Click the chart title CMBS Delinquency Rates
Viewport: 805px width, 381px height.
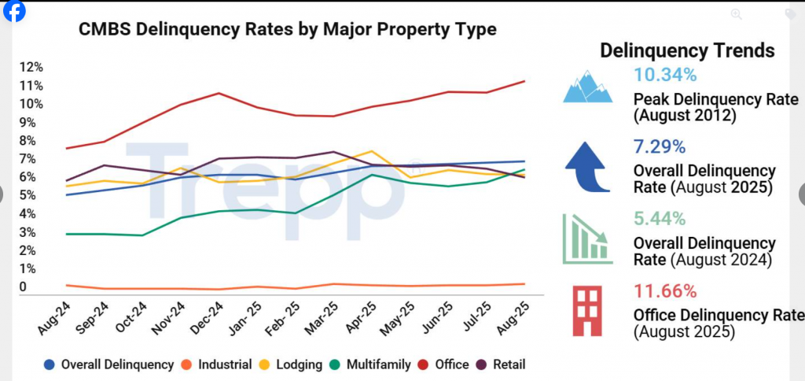point(287,30)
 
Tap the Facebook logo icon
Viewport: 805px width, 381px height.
point(14,11)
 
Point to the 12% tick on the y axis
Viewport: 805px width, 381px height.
point(32,66)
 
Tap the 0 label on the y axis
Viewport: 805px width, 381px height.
point(23,287)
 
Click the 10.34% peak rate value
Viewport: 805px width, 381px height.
point(665,76)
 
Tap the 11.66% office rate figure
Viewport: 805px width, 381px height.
point(665,291)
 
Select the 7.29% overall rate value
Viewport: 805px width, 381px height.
point(660,146)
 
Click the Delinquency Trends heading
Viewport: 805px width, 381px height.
point(687,50)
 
